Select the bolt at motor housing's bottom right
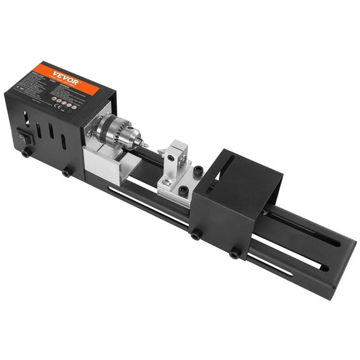click(x=66, y=172)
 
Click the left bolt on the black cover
click(x=196, y=234)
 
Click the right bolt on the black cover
click(x=235, y=253)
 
